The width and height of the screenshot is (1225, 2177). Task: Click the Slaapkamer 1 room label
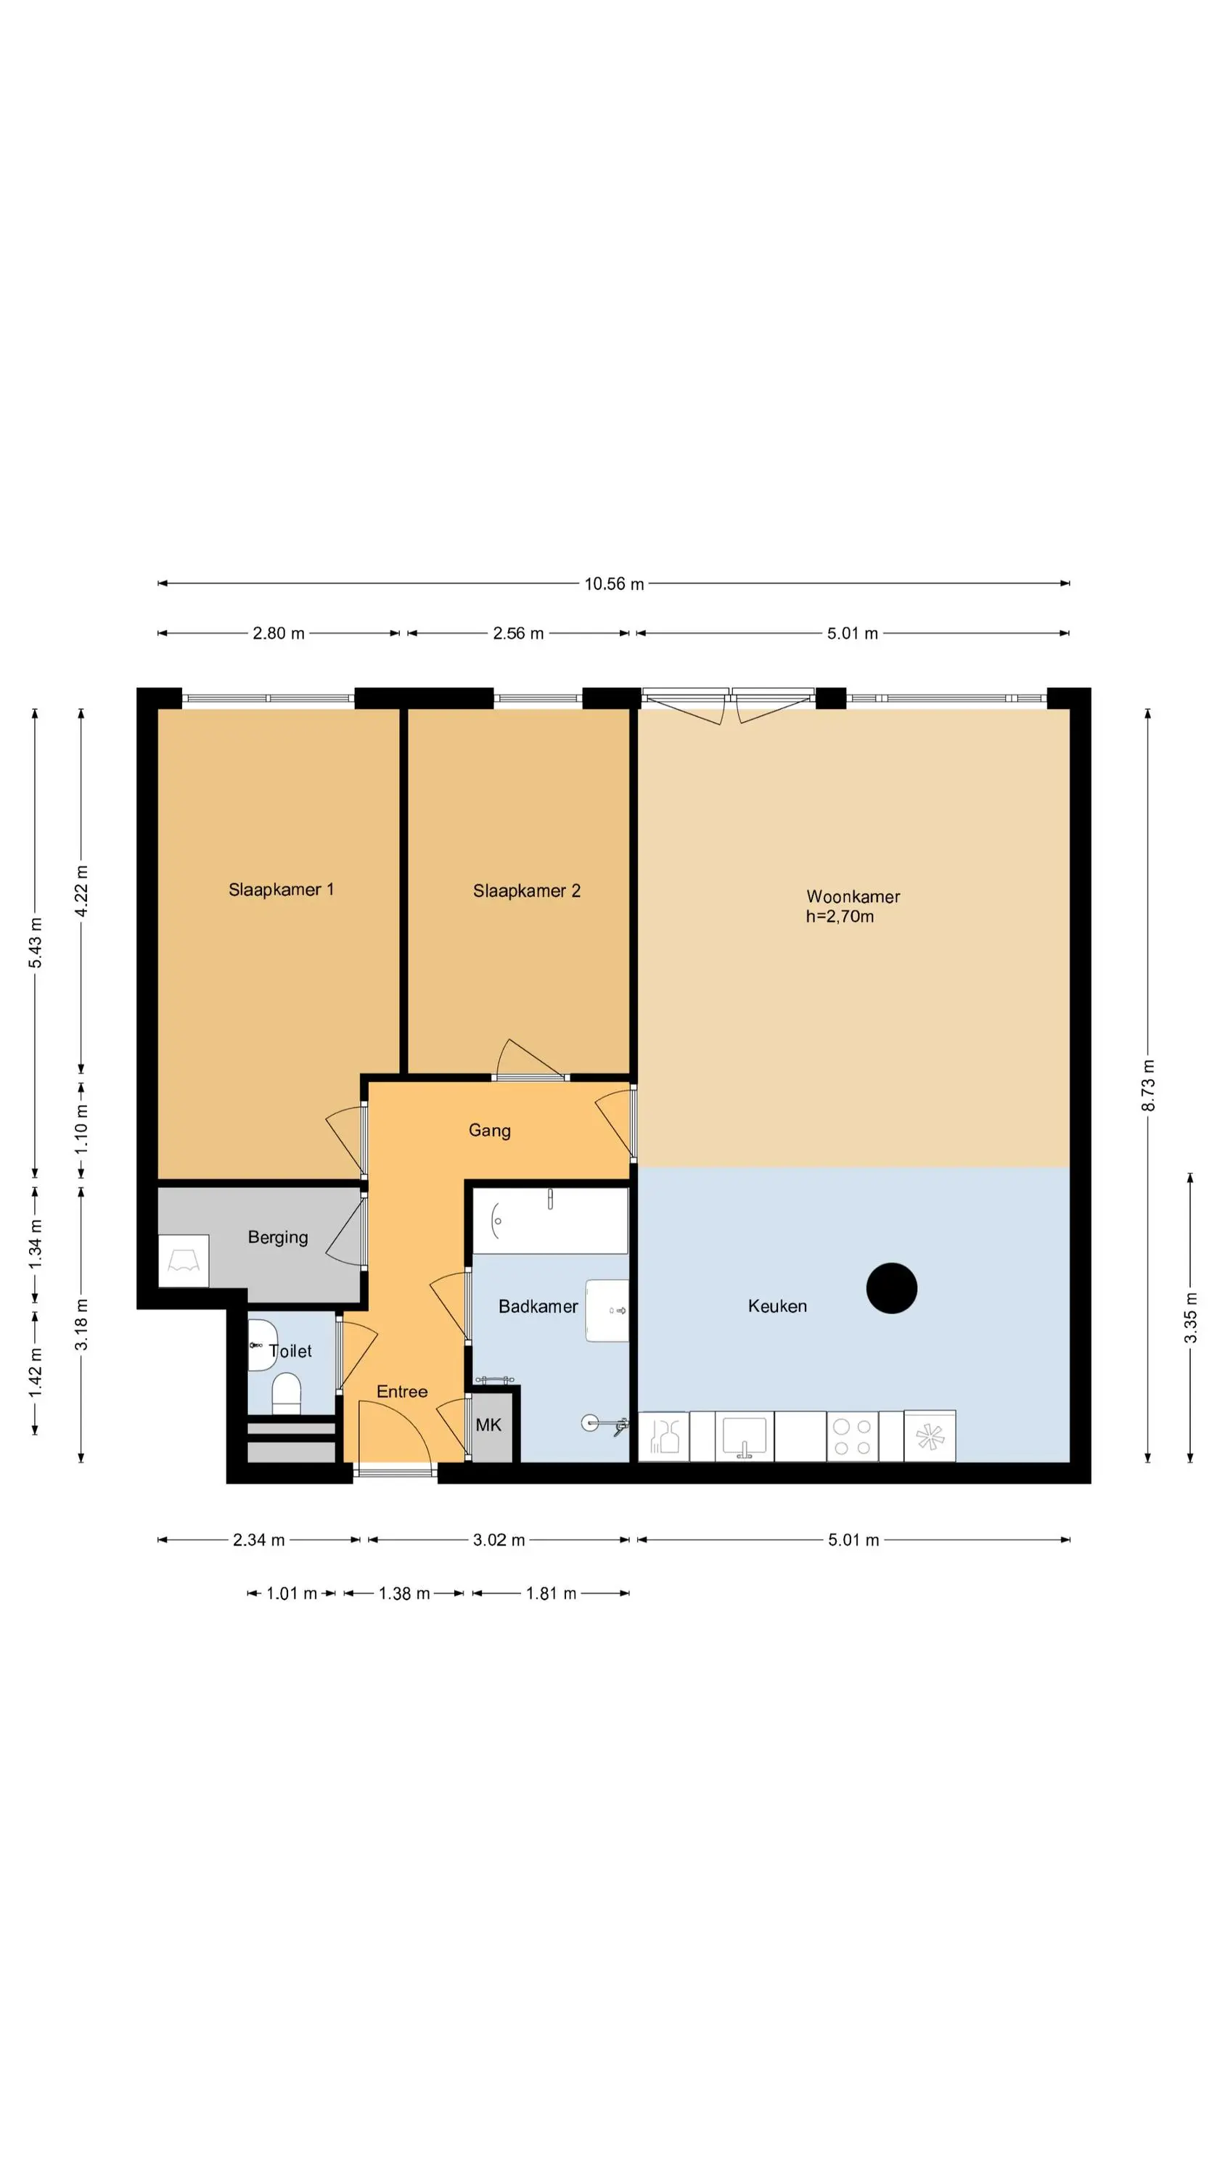click(281, 889)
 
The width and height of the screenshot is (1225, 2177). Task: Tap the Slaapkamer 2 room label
click(526, 890)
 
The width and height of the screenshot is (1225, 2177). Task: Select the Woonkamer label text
click(852, 897)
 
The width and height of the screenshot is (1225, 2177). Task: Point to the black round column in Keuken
click(891, 1288)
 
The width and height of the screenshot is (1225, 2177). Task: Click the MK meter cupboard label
click(488, 1425)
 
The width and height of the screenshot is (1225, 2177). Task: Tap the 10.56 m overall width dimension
click(614, 584)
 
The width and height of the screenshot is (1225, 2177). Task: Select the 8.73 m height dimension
click(1148, 1084)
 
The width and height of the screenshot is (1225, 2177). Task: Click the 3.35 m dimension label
click(1189, 1318)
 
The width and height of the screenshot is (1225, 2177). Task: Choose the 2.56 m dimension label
click(518, 633)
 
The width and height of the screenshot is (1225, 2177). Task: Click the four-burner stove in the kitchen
click(851, 1436)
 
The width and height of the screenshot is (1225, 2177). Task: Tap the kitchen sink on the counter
click(744, 1436)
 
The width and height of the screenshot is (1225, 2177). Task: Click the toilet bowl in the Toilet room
click(287, 1393)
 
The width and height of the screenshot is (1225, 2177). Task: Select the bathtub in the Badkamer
click(549, 1221)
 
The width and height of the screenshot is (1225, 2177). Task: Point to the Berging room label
click(277, 1237)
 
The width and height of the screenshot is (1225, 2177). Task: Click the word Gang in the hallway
click(490, 1131)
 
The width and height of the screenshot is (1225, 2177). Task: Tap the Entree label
click(401, 1391)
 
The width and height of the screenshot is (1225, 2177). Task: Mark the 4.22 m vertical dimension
click(81, 890)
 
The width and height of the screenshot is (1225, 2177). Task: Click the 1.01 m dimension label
click(292, 1593)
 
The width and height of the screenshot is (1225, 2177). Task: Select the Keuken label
click(777, 1305)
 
